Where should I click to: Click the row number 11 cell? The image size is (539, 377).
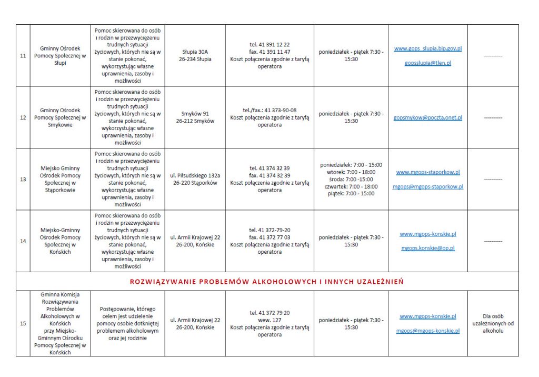pos(23,56)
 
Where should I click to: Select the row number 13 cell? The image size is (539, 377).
pos(23,179)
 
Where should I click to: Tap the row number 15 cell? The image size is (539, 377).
pos(23,324)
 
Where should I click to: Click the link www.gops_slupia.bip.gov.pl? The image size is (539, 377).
pos(427,48)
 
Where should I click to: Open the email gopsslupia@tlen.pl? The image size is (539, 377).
pos(427,63)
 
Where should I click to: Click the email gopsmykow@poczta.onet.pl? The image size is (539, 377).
pos(427,117)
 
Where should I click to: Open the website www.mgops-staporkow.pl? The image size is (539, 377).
pos(427,172)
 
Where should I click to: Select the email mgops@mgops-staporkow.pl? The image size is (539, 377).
pos(427,186)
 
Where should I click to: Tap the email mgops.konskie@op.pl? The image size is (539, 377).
pos(427,248)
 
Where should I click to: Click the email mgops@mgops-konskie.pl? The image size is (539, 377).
pos(427,331)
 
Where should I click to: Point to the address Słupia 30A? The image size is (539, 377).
pos(195,52)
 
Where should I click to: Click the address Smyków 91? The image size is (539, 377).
pos(195,114)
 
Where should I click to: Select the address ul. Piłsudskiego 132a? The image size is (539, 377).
pos(195,175)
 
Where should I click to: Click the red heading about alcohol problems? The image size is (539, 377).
pos(267,282)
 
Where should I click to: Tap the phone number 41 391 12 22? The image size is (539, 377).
pos(269,45)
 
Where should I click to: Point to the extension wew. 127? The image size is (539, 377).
pos(269,320)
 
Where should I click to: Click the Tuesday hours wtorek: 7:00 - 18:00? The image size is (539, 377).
pos(351,172)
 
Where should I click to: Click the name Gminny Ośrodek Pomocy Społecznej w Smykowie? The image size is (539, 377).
pos(60,117)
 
